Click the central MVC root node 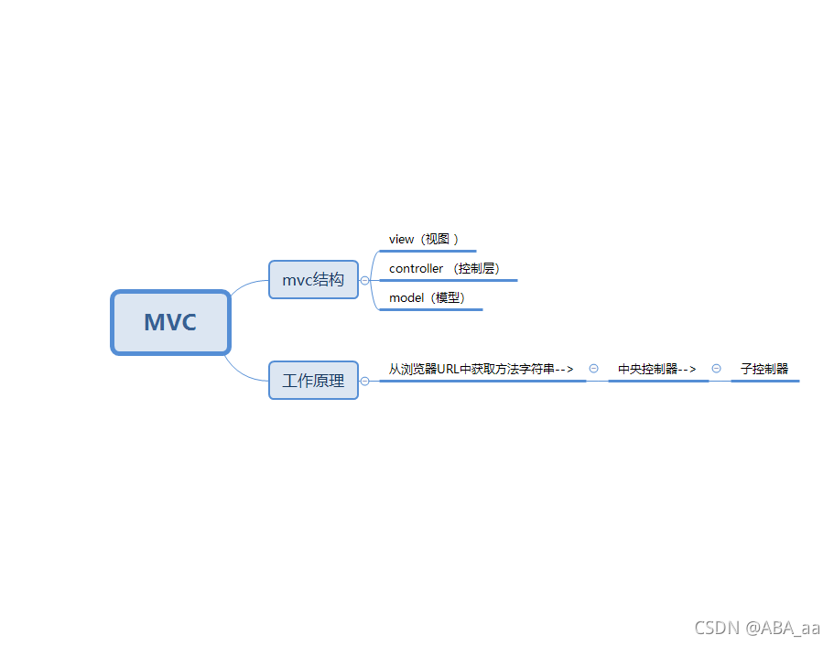[x=170, y=322]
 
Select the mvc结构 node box [x=313, y=280]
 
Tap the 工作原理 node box [x=313, y=381]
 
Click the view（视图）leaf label [x=424, y=239]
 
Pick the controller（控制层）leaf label [x=445, y=269]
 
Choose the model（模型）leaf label [x=427, y=298]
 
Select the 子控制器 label [x=764, y=369]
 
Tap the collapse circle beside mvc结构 [x=365, y=281]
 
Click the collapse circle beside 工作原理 [x=365, y=381]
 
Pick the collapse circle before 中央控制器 [x=593, y=369]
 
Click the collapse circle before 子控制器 [x=716, y=369]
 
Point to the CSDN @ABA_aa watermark [x=757, y=628]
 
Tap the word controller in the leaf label [x=416, y=269]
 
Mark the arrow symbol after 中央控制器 [x=688, y=369]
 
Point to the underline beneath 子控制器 [x=764, y=381]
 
